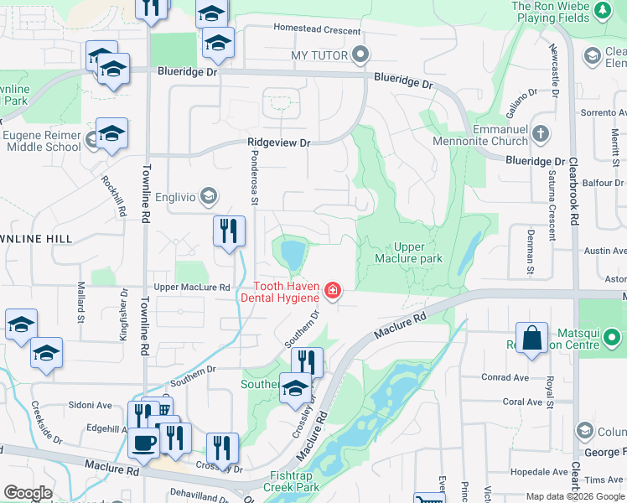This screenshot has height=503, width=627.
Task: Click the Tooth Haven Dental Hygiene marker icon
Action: (333, 291)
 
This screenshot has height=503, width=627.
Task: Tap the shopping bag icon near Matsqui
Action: (531, 339)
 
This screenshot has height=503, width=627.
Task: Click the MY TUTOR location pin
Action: (361, 55)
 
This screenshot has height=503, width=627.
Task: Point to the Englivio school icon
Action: (209, 196)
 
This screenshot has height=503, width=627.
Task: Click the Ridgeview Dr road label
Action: (278, 143)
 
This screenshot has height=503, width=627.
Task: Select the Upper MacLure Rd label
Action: (191, 288)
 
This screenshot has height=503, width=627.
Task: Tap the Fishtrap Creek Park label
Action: (291, 481)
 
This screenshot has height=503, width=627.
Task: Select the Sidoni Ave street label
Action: (91, 405)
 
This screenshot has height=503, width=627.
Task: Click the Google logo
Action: (28, 493)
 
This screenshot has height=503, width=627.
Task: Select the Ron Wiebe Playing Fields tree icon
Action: (602, 11)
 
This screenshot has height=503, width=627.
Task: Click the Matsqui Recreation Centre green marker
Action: (612, 339)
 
